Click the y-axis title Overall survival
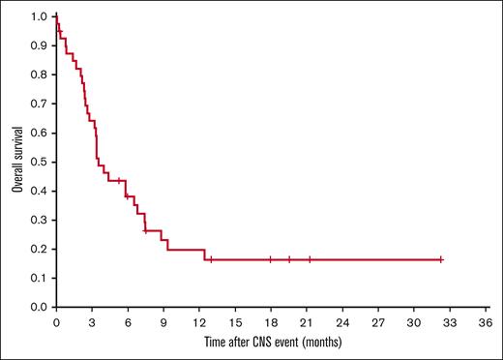click(17, 160)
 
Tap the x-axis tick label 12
click(199, 321)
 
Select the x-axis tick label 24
click(342, 321)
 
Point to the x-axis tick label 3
click(92, 321)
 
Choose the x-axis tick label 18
click(271, 321)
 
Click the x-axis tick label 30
click(414, 321)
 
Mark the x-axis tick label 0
click(56, 321)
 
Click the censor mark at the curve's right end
click(440, 259)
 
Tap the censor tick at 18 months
click(271, 259)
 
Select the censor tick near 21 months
click(310, 259)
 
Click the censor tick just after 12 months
click(211, 259)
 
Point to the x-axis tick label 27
click(378, 321)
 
